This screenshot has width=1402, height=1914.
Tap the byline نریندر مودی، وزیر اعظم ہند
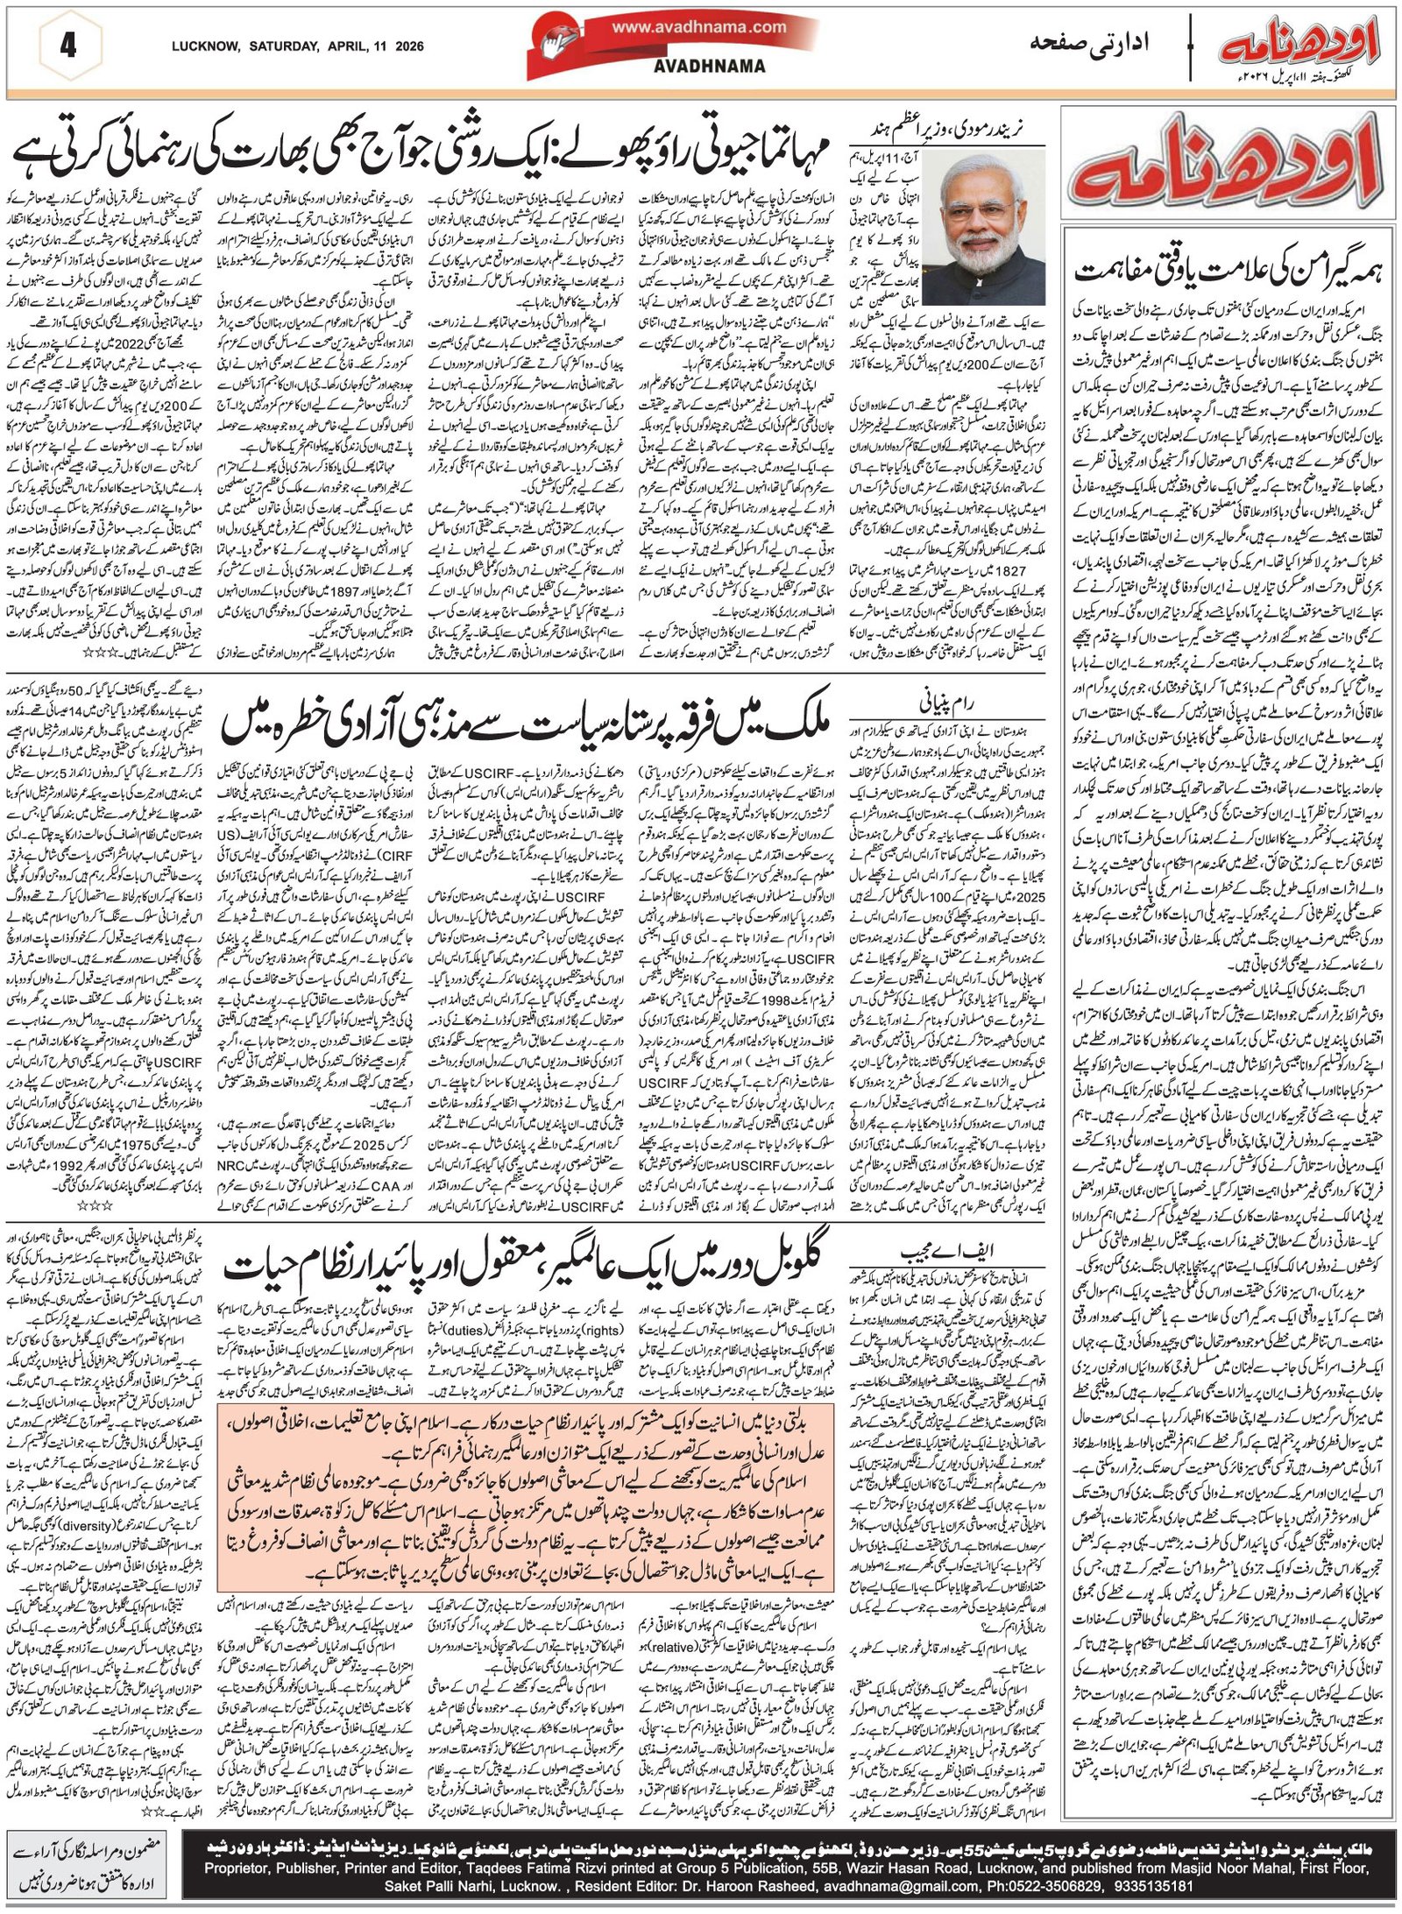pos(956,128)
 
